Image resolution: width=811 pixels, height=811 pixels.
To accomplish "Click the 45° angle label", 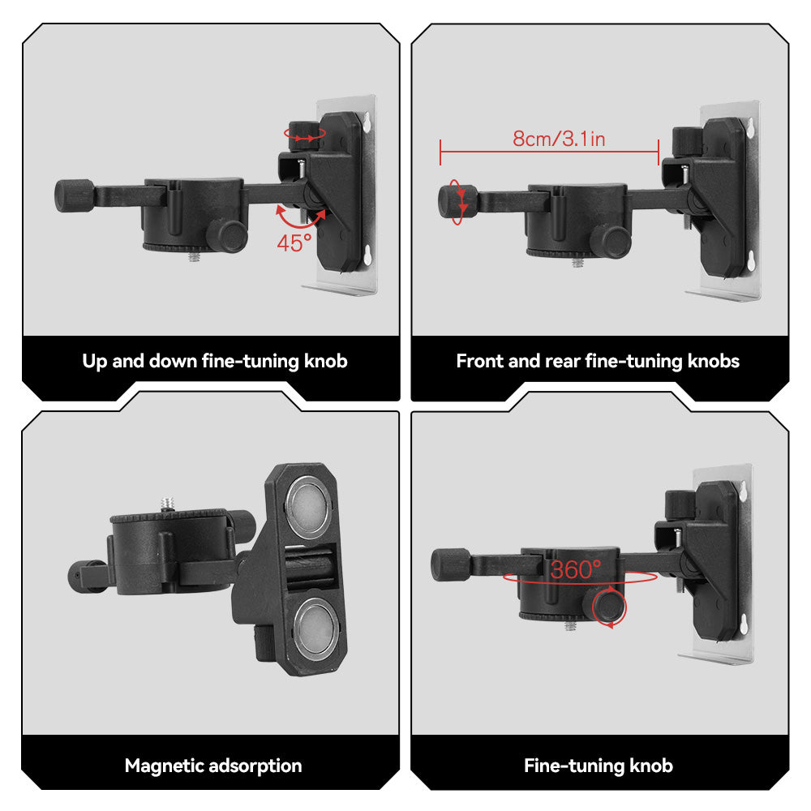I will [294, 242].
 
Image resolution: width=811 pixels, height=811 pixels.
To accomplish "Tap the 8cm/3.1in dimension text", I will [559, 139].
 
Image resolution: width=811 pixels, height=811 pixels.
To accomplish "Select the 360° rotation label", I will [576, 570].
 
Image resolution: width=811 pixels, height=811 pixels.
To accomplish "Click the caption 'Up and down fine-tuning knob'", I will [215, 361].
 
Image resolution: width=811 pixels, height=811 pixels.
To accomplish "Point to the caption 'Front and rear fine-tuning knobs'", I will [598, 361].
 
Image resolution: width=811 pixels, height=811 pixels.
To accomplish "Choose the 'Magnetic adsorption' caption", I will [213, 766].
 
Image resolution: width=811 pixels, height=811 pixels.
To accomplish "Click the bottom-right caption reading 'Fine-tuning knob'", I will [599, 766].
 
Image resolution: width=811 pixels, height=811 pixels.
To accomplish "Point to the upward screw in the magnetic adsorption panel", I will [172, 504].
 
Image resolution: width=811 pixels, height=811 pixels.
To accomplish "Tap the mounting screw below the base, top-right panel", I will [577, 262].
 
